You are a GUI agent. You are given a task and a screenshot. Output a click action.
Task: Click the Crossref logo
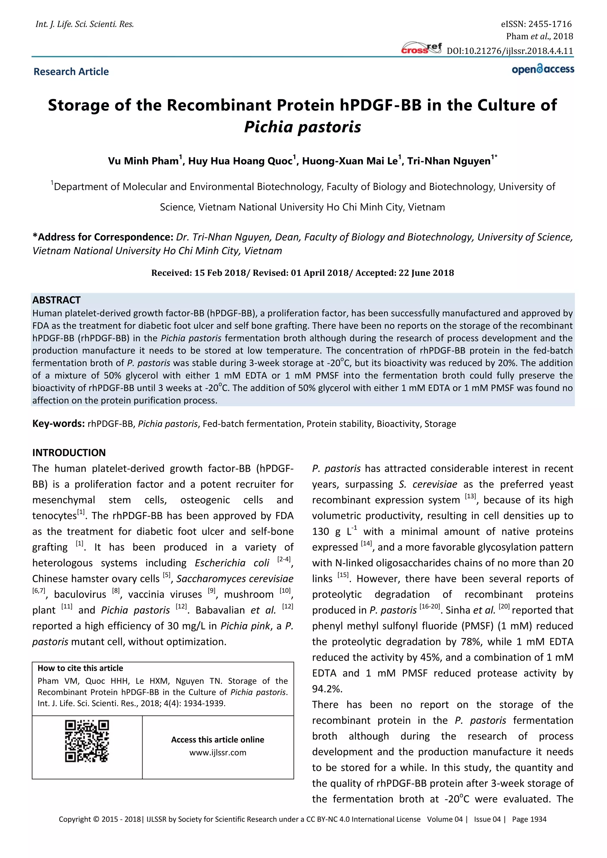pos(421,49)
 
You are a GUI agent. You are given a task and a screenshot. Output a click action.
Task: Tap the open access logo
pos(543,70)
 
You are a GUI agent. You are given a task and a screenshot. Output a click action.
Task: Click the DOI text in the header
pos(510,51)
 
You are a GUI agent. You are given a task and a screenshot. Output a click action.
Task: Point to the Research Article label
pos(71,71)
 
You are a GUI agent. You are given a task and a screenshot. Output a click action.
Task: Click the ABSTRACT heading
pos(56,300)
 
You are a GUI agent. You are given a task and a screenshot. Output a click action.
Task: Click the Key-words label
pos(58,423)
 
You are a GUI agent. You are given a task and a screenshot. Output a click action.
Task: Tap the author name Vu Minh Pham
pos(143,161)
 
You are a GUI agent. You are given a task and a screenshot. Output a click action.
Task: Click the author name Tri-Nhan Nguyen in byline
pos(448,161)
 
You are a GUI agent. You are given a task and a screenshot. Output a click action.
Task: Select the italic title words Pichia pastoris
pos(302,127)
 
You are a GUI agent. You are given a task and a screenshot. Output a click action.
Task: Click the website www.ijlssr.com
pos(218,753)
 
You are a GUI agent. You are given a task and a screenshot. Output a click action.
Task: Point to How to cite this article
pos(80,668)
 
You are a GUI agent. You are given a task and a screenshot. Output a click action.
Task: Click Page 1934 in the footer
pos(529,819)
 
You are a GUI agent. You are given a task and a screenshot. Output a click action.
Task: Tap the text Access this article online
pos(218,739)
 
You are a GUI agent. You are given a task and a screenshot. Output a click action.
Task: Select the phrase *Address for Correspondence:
pos(103,237)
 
